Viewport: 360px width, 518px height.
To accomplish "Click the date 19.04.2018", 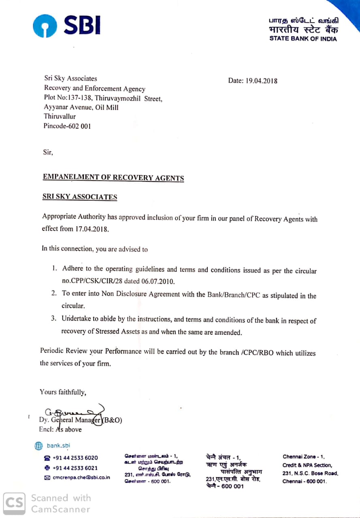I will [x=262, y=81].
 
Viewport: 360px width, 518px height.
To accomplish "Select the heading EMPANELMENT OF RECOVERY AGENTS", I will [x=113, y=178].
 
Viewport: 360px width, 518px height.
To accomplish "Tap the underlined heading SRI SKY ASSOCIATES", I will [x=80, y=197].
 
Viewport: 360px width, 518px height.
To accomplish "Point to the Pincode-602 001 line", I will [x=67, y=126].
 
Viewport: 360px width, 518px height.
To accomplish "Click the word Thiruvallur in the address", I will [x=60, y=117].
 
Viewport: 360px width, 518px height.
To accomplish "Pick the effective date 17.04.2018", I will [x=92, y=229].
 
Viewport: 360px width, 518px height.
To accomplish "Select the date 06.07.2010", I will [x=160, y=281].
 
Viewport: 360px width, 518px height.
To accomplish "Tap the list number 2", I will [x=53, y=293].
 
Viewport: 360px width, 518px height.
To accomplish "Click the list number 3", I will [x=53, y=318].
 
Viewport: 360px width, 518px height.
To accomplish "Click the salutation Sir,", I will [x=48, y=153].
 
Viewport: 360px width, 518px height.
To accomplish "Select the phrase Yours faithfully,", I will [x=63, y=392].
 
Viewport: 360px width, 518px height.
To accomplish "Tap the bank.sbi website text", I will [x=58, y=446].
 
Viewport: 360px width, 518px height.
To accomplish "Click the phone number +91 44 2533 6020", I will [x=75, y=458].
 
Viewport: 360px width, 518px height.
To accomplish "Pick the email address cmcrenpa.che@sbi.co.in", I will [x=81, y=478].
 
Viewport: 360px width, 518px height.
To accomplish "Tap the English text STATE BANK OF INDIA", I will [x=303, y=39].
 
